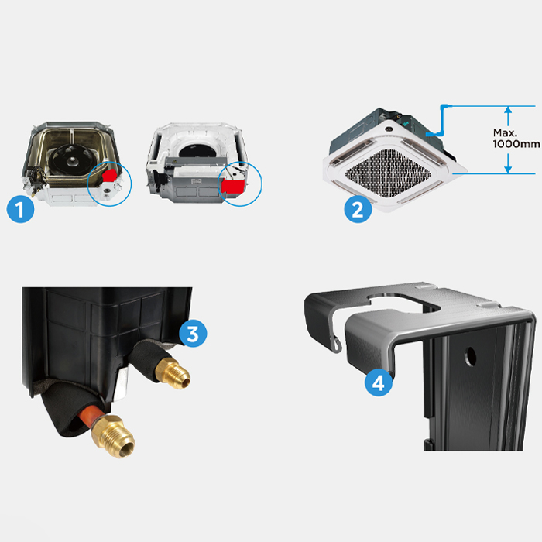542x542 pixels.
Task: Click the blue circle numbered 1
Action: coord(20,209)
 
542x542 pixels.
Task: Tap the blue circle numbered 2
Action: coord(358,209)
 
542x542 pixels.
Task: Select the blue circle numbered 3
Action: coord(193,334)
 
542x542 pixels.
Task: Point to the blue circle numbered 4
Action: coord(379,382)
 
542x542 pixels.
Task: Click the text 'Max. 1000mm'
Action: coord(516,139)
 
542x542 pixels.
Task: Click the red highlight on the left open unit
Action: coord(110,175)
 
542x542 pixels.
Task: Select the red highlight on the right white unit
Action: coord(233,187)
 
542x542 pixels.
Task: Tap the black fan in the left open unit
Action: coord(71,160)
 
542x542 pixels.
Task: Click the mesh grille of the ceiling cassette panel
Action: coord(388,173)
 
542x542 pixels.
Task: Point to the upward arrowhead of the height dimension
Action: coord(508,110)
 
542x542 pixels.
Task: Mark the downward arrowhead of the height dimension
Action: coord(508,170)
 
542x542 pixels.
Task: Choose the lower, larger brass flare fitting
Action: coord(113,436)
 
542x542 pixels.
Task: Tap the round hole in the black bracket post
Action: coord(470,357)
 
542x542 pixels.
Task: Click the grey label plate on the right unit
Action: coord(197,181)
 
